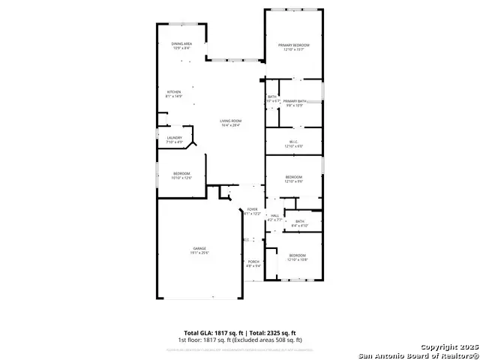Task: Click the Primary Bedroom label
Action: coord(294,45)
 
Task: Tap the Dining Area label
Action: coord(181,44)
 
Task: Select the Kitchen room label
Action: coord(173,91)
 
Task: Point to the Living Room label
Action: coord(230,121)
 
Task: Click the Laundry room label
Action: coord(174,137)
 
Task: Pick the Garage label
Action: coord(200,248)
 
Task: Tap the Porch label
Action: coord(253,261)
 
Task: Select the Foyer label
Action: coord(252,209)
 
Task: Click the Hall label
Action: coord(274,216)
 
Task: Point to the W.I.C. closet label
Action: coord(294,142)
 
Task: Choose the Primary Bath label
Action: coord(295,100)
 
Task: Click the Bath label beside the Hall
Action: coord(299,221)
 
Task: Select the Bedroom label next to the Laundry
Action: coord(182,174)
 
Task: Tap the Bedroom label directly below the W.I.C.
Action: coord(294,177)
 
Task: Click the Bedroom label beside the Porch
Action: coord(298,255)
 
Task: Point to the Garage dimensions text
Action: coord(200,253)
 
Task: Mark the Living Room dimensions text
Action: coord(230,125)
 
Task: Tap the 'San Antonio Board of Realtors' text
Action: coord(418,355)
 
